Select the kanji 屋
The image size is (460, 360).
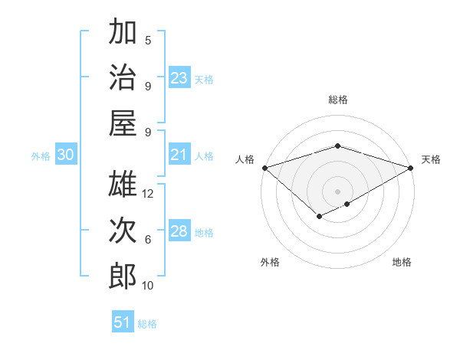123,123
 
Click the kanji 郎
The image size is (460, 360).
123,276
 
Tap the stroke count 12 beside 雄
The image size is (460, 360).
149,194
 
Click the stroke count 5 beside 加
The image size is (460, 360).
148,41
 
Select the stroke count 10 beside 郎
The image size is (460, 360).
149,286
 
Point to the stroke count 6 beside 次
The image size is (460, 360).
148,240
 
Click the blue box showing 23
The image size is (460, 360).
179,78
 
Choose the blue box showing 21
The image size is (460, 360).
179,155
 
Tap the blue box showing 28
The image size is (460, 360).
179,231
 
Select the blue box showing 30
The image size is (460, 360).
65,155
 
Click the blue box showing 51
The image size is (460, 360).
123,322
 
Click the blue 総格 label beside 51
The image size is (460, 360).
148,324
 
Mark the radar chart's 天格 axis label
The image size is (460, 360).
432,159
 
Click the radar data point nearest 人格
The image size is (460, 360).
264,168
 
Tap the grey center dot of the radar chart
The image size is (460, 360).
337,191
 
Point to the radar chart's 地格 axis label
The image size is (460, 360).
402,262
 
